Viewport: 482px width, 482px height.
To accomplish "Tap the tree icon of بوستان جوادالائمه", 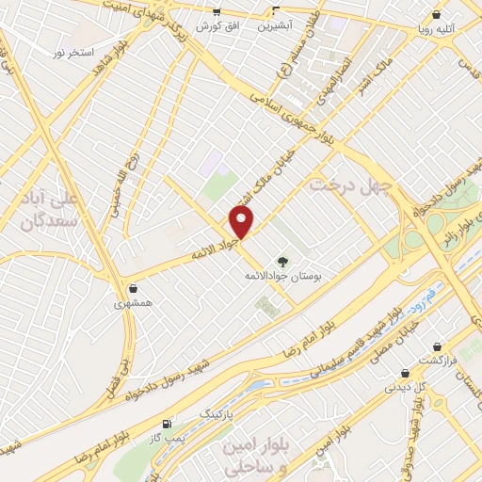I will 281,261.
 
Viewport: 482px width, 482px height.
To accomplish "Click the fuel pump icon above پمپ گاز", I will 169,425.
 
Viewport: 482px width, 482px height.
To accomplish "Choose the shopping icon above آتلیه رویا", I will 437,14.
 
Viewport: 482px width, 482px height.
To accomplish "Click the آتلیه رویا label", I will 440,29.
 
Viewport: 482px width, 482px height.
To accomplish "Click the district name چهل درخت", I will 348,186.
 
